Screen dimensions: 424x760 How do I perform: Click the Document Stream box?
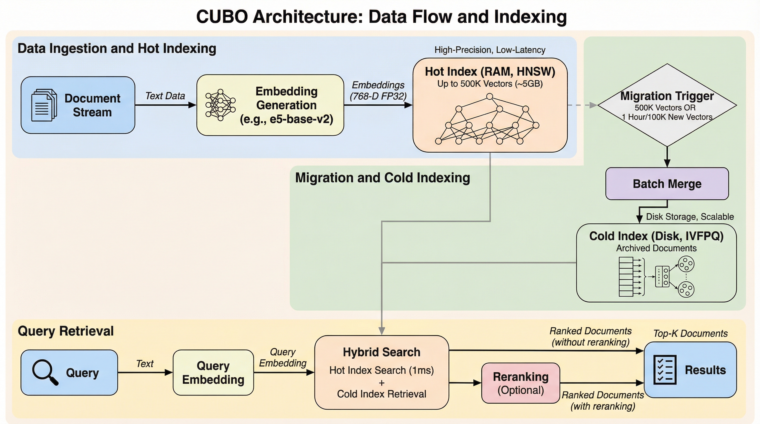[78, 105]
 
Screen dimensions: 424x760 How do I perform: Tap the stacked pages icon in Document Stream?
[44, 105]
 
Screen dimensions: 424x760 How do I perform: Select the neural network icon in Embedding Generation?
[220, 105]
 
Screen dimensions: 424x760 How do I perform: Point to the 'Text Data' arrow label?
[165, 96]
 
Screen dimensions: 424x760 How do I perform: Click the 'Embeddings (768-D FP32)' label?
[378, 91]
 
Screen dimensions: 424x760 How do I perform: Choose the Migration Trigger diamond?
[667, 105]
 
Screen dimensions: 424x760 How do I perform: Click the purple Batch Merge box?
[667, 184]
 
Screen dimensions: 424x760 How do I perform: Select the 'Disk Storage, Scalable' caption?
[690, 217]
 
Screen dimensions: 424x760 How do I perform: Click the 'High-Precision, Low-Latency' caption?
[490, 50]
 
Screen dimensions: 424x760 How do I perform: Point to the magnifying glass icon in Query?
[45, 372]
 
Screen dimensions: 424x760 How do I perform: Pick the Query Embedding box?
[213, 372]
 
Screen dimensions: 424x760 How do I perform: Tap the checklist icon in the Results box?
[665, 370]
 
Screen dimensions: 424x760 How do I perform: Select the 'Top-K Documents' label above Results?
[690, 333]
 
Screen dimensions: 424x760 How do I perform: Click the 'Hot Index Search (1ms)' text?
[381, 370]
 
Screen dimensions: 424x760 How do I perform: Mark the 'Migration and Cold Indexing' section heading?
[382, 178]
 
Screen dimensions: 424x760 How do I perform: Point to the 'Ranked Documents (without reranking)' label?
[590, 336]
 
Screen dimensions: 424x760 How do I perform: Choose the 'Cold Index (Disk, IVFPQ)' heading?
[656, 236]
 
